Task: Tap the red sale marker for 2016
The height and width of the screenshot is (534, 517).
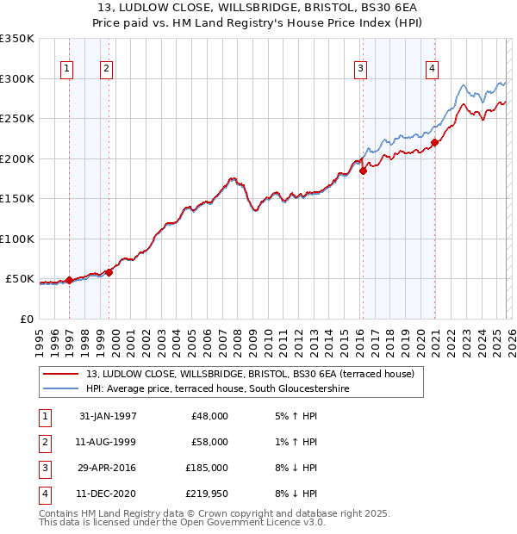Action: tap(363, 171)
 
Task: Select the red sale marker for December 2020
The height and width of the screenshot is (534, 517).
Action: tap(434, 143)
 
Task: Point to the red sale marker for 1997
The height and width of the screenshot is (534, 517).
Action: tap(70, 281)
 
